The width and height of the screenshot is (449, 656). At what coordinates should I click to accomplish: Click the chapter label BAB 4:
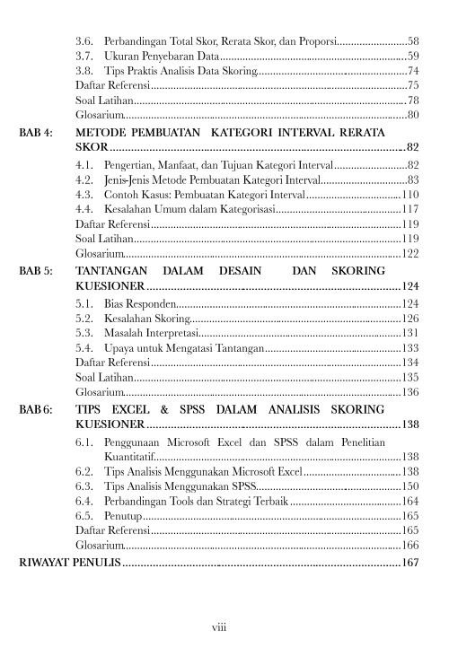[37, 132]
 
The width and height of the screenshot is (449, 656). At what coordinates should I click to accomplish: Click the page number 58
[413, 41]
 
